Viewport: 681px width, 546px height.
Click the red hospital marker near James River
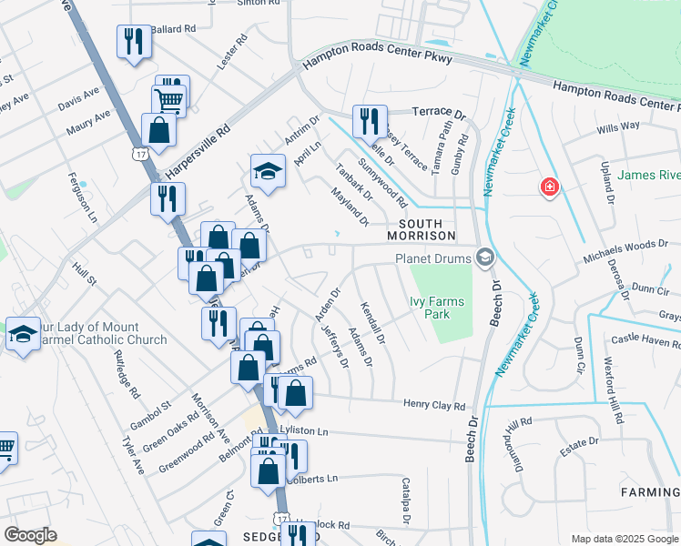pos(549,188)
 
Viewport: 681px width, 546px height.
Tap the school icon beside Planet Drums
pos(484,258)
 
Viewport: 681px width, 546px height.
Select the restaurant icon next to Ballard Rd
pos(134,42)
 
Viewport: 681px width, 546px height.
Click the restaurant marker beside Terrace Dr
pos(370,120)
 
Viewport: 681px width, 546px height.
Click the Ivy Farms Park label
pos(438,308)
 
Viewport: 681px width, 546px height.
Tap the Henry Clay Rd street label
pos(433,406)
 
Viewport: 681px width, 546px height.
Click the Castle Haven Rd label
pos(646,341)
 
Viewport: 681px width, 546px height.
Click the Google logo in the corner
pos(30,535)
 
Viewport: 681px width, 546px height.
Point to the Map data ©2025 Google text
pos(625,539)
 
